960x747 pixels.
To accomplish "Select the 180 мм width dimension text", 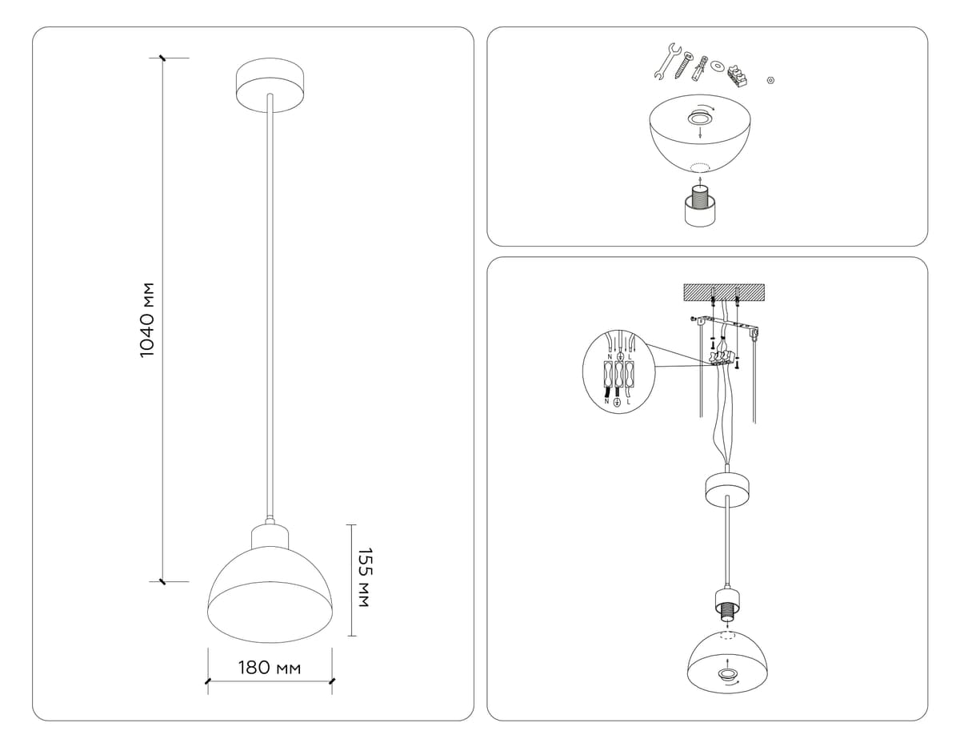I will tap(270, 668).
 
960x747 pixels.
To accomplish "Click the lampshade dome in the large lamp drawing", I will tap(270, 588).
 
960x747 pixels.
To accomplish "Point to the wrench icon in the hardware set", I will tap(664, 62).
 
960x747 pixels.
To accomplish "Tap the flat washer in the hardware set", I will tap(718, 65).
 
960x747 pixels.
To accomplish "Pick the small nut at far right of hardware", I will tap(770, 80).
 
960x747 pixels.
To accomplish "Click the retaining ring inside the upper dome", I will tap(701, 119).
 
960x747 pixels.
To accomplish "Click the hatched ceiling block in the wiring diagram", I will tap(724, 293).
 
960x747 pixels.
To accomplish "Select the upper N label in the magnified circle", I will tap(610, 356).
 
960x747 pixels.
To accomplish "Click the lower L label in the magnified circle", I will tap(628, 402).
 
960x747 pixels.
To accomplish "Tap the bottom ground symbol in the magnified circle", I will tap(617, 403).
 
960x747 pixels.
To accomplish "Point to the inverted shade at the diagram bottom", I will tap(726, 661).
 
